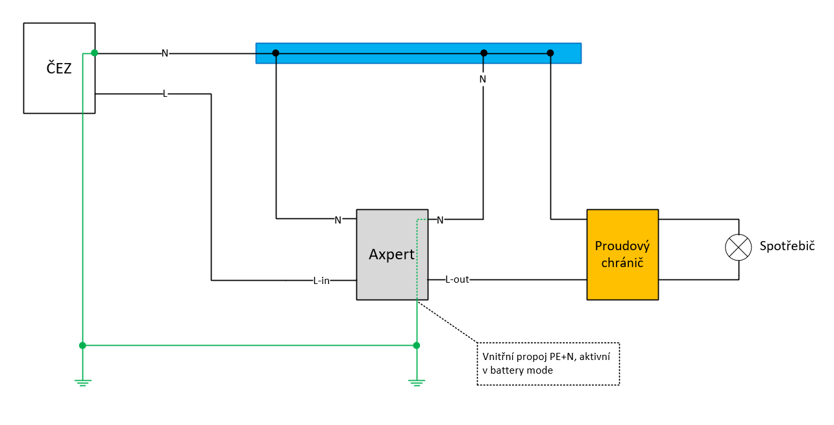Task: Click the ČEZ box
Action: pyautogui.click(x=59, y=68)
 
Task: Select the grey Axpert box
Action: pyautogui.click(x=392, y=255)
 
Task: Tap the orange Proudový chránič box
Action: pyautogui.click(x=622, y=255)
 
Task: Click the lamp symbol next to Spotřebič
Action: pyautogui.click(x=737, y=247)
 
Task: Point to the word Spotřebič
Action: pyautogui.click(x=787, y=246)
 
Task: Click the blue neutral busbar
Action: pyautogui.click(x=418, y=53)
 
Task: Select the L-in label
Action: pyautogui.click(x=321, y=281)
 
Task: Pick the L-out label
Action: pyautogui.click(x=457, y=279)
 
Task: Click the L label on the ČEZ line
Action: pyautogui.click(x=165, y=94)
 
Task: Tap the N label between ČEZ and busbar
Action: pyautogui.click(x=165, y=53)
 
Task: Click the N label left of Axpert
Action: pyautogui.click(x=337, y=220)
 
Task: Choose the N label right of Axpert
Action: pyautogui.click(x=440, y=220)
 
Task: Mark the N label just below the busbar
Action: pyautogui.click(x=482, y=79)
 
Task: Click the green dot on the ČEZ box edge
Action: pyautogui.click(x=95, y=53)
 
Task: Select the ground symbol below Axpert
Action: pyautogui.click(x=416, y=382)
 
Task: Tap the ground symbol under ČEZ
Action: pyautogui.click(x=82, y=382)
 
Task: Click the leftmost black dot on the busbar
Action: pyautogui.click(x=276, y=53)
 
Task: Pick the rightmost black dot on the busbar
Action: pyautogui.click(x=550, y=53)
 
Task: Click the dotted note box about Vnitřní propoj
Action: pyautogui.click(x=548, y=364)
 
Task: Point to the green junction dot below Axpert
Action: pyautogui.click(x=416, y=345)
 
